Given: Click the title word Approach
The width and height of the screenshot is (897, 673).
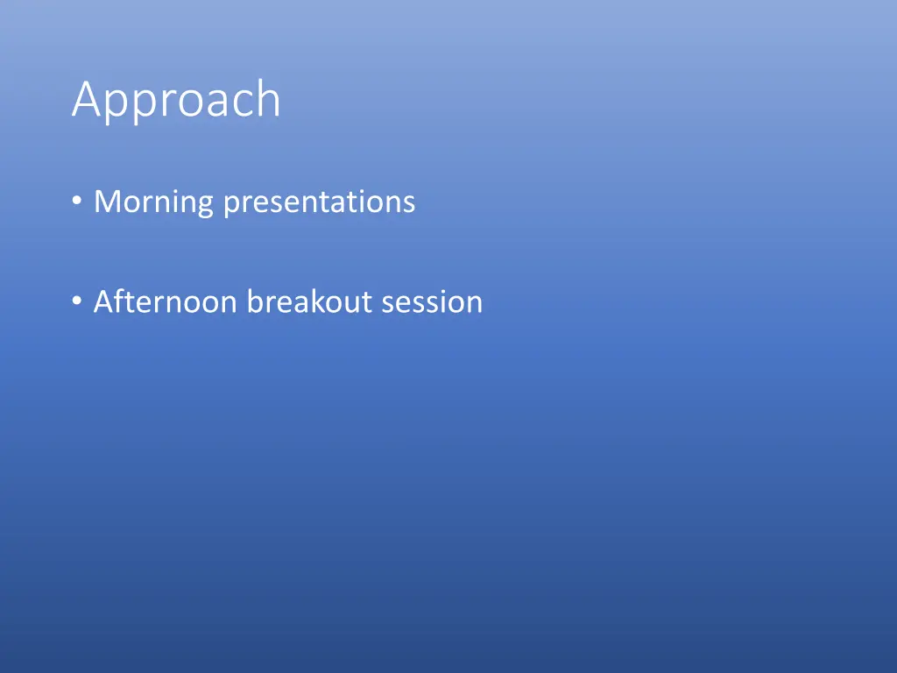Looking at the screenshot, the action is pyautogui.click(x=176, y=101).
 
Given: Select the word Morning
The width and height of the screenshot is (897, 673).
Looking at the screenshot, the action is pyautogui.click(x=154, y=203).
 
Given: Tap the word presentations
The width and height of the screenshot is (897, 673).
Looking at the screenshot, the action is pyautogui.click(x=319, y=203).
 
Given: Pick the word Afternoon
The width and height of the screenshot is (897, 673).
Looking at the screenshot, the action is pyautogui.click(x=166, y=301).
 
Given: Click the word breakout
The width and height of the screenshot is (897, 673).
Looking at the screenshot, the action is pyautogui.click(x=309, y=301).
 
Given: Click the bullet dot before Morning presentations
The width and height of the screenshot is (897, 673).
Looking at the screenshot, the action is pyautogui.click(x=77, y=201).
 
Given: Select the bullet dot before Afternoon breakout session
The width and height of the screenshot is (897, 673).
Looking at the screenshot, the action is pyautogui.click(x=77, y=301).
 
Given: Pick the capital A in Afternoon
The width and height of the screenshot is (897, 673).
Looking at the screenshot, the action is pyautogui.click(x=106, y=301).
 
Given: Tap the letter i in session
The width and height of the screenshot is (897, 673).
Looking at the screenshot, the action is pyautogui.click(x=441, y=301).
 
